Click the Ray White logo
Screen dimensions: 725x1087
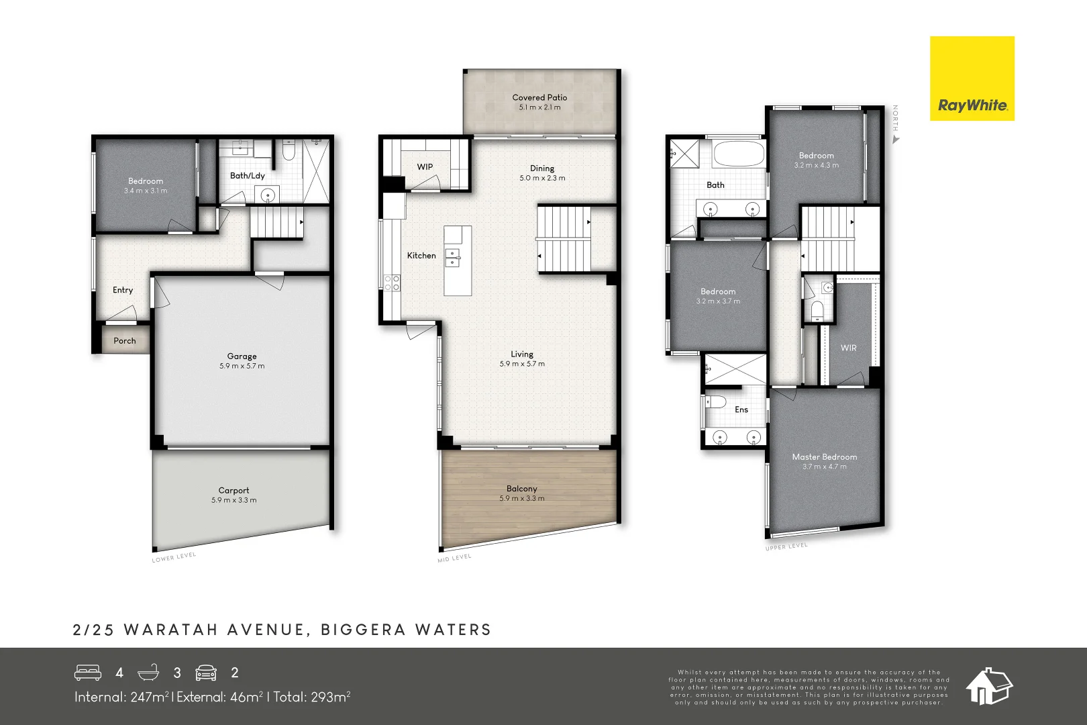pyautogui.click(x=972, y=79)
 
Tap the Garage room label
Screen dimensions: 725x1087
pyautogui.click(x=242, y=356)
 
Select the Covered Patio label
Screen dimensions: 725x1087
pyautogui.click(x=539, y=97)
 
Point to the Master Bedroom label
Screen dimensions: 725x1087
pyautogui.click(x=824, y=457)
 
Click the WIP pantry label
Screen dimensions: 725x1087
pyautogui.click(x=425, y=167)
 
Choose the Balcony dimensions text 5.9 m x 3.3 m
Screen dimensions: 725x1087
pyautogui.click(x=521, y=499)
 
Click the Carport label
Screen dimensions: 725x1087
pyautogui.click(x=234, y=491)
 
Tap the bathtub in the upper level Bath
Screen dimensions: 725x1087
pyautogui.click(x=738, y=154)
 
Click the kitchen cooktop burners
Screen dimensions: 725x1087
pyautogui.click(x=392, y=283)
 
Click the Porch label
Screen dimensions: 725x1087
pyautogui.click(x=125, y=341)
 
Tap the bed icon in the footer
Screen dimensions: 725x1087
pyautogui.click(x=88, y=673)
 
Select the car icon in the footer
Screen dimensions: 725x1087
pyautogui.click(x=206, y=673)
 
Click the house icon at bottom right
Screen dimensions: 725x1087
pyautogui.click(x=988, y=686)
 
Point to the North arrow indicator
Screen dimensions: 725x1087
pyautogui.click(x=895, y=140)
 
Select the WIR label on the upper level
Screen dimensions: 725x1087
pyautogui.click(x=848, y=348)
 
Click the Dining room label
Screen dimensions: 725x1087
pyautogui.click(x=542, y=168)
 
